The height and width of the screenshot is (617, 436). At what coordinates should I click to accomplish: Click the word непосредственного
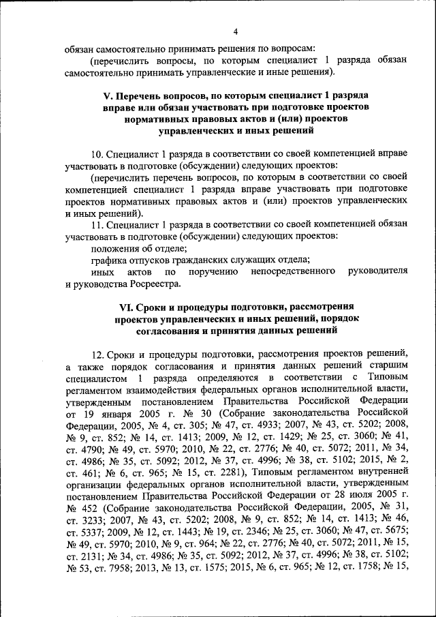[291, 271]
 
